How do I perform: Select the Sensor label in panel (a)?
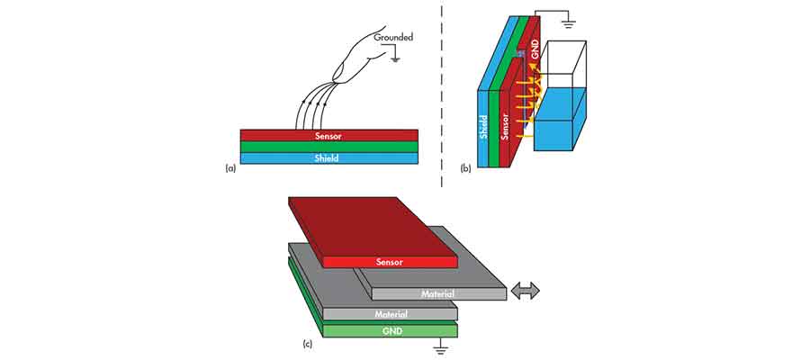329,136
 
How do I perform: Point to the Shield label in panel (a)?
329,158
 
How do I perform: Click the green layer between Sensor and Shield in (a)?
329,147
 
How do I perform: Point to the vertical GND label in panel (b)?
536,57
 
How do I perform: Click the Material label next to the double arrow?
436,293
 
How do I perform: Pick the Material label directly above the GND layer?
390,314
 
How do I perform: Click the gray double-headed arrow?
524,291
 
